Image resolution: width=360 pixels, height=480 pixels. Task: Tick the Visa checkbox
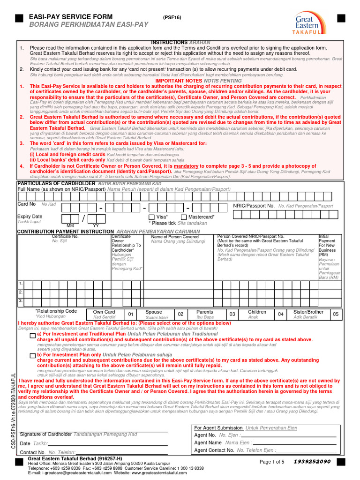click(151, 217)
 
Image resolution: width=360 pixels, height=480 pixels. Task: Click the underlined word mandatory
click(187, 166)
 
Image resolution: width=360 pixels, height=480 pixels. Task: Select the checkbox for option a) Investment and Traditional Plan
click(32, 336)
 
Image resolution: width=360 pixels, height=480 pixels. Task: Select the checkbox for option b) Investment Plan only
click(32, 356)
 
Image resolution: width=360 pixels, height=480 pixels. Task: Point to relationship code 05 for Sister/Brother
click(335, 314)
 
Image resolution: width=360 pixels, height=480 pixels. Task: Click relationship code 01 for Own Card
click(131, 314)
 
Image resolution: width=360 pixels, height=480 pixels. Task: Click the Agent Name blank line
click(295, 443)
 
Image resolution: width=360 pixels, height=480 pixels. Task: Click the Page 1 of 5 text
click(272, 462)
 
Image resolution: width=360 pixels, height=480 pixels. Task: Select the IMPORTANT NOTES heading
click(179, 81)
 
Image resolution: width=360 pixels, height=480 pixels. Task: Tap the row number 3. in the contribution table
click(21, 300)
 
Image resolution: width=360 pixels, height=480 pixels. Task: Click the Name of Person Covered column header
click(174, 237)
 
